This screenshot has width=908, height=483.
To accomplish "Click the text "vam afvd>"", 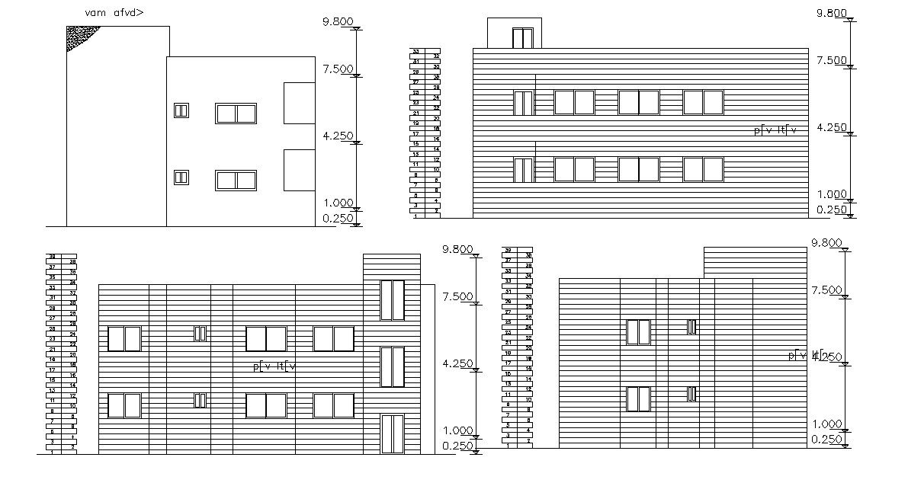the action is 113,13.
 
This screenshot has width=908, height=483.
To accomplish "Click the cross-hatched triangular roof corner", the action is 76,36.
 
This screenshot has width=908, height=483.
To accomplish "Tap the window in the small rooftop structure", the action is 522,39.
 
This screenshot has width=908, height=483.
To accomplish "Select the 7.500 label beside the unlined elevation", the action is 338,69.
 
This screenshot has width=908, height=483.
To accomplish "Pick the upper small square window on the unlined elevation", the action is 181,110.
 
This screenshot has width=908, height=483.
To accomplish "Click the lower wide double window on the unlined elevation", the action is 236,181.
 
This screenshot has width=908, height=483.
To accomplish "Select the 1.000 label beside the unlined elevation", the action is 338,203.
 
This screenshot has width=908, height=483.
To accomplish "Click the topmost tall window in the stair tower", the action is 392,300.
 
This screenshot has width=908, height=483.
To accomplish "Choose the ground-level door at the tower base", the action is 392,434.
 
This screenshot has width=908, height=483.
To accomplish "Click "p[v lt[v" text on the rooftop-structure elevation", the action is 775,130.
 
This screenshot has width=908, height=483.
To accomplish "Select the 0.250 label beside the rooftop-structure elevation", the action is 832,210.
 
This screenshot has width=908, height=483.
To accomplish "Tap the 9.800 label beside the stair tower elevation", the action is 457,249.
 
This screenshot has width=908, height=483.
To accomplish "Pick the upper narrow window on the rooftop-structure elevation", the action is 523,103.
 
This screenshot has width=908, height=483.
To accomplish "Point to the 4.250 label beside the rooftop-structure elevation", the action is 832,128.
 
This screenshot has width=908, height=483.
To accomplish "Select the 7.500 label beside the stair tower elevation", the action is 457,296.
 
